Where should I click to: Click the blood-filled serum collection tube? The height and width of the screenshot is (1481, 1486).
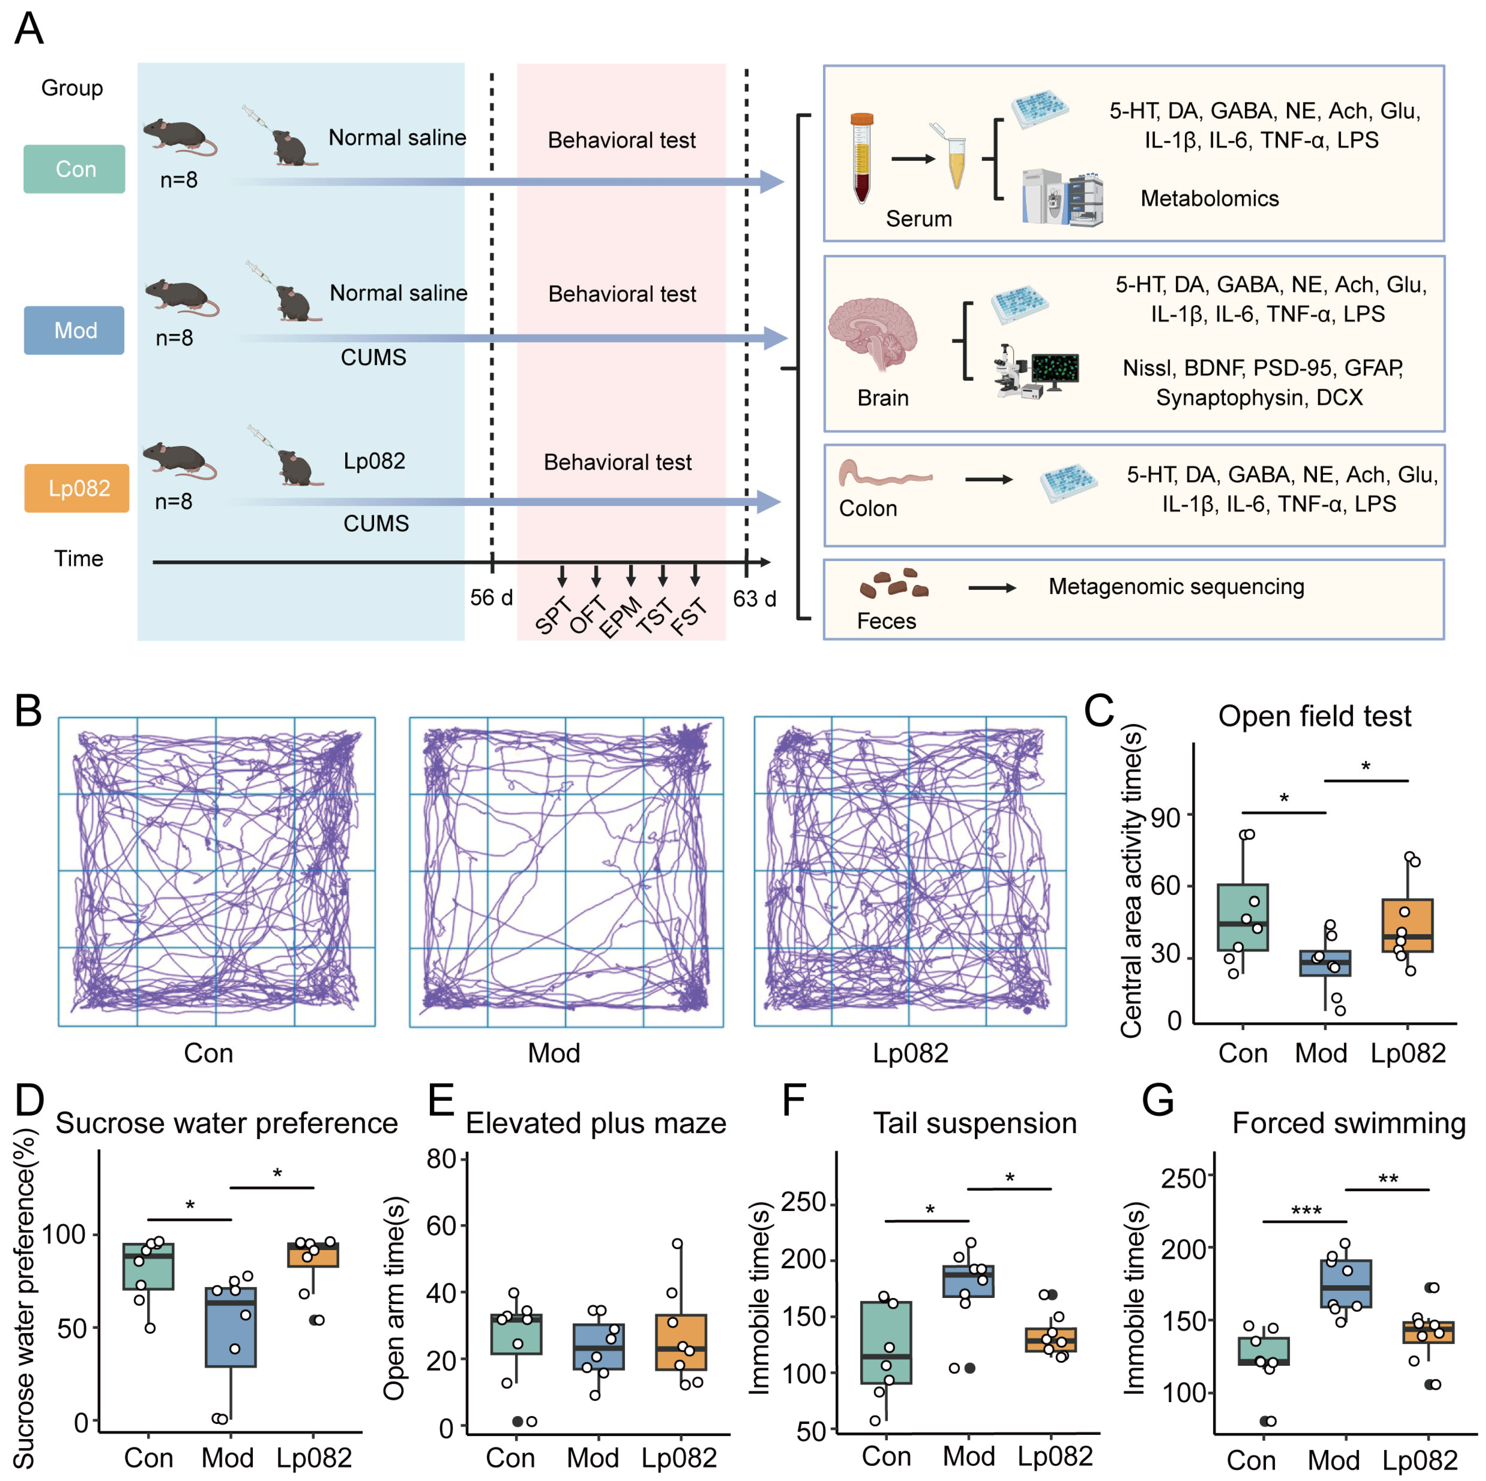tap(862, 158)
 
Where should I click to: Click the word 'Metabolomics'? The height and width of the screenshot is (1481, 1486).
tap(1209, 199)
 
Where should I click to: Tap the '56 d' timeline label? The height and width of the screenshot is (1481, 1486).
tap(491, 598)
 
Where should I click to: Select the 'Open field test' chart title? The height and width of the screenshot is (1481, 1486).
tap(1315, 716)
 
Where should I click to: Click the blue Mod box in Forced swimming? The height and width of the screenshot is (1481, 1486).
tap(1346, 1283)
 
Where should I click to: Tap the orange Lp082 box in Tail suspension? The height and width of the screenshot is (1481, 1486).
tap(1051, 1339)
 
